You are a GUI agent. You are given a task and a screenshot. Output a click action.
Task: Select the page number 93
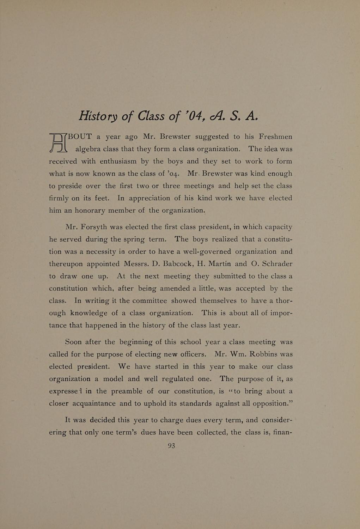(x=171, y=445)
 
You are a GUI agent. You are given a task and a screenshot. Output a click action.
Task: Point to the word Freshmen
(x=275, y=136)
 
